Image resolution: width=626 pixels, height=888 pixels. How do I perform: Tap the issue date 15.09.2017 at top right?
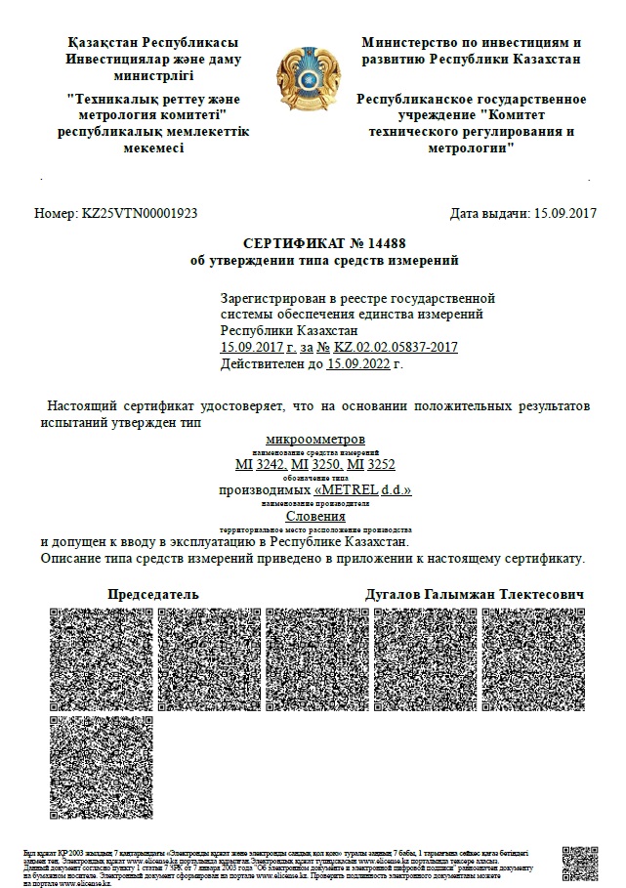pyautogui.click(x=563, y=213)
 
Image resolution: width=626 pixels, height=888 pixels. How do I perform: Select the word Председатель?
pyautogui.click(x=152, y=594)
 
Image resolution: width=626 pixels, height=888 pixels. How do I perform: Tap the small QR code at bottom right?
pyautogui.click(x=579, y=863)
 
